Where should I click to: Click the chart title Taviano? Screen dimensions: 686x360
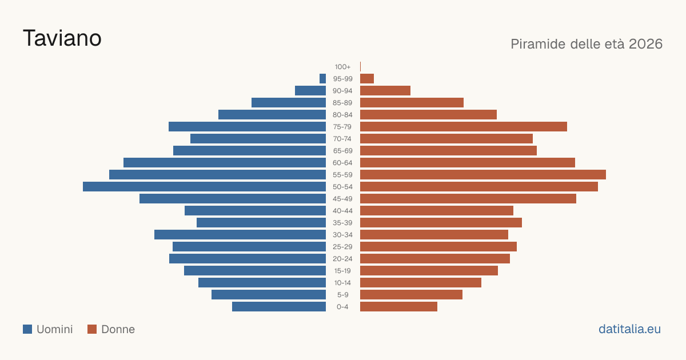(62, 38)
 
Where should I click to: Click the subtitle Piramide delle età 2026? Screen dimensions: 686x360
(587, 44)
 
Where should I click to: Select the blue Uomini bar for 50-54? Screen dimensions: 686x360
(204, 187)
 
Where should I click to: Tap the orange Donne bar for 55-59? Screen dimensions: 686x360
(483, 175)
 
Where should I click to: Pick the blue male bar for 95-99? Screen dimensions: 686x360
(322, 79)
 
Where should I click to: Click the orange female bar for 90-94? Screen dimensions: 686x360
(385, 91)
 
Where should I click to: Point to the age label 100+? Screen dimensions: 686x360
(342, 67)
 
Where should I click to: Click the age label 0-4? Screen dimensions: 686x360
(342, 307)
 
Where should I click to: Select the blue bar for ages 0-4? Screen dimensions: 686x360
(279, 307)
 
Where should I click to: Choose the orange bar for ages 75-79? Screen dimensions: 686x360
(464, 127)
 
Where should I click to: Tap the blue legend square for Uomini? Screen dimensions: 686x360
(27, 329)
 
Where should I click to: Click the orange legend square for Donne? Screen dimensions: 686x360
(92, 329)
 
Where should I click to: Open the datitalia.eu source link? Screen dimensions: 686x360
(629, 329)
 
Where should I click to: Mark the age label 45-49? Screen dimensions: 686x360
(342, 199)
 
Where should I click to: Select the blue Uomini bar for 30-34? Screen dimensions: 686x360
(240, 235)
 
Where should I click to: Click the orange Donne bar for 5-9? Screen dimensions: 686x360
(411, 295)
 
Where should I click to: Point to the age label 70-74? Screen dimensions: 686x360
(342, 139)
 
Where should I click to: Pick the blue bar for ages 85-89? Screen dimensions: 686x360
(289, 102)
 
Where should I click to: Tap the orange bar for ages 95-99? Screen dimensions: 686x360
(367, 79)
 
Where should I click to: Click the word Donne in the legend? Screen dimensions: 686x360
(118, 329)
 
